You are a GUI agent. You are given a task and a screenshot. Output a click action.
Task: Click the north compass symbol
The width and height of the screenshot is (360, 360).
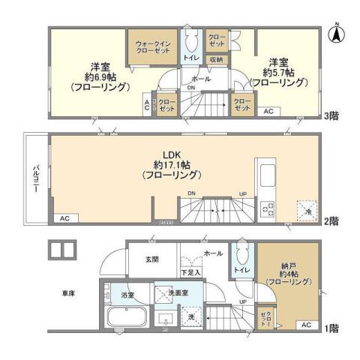point(337,33)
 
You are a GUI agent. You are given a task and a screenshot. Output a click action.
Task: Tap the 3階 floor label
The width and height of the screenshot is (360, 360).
point(332,115)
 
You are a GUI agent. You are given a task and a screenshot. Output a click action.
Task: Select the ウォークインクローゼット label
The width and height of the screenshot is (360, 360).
point(152,47)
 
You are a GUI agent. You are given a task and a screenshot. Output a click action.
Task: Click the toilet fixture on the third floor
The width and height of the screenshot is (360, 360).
point(191,37)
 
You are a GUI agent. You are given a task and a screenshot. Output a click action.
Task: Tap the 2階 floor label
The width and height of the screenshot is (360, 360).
point(332,221)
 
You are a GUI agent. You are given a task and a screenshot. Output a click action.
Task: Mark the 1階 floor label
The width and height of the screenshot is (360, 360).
point(332,328)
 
